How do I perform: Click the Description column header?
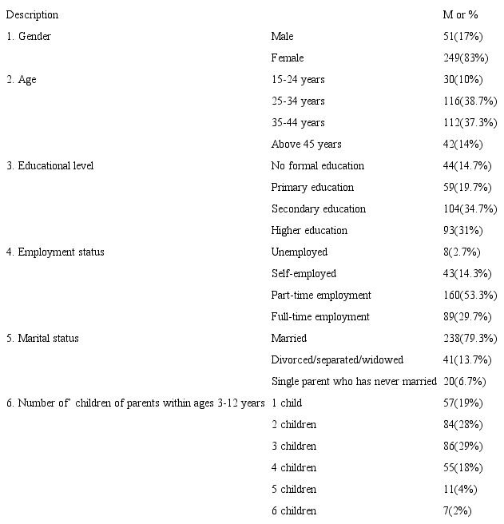[33, 15]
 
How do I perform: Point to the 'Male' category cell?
[282, 37]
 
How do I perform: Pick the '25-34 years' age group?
[298, 101]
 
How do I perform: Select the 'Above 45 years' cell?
[306, 145]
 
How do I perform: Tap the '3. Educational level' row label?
[50, 166]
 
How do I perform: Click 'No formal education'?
[317, 166]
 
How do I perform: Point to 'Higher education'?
[309, 231]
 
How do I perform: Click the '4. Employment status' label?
[55, 252]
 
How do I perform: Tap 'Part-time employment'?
[321, 296]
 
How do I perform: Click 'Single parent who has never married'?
[354, 382]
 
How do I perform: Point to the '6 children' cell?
[294, 511]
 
